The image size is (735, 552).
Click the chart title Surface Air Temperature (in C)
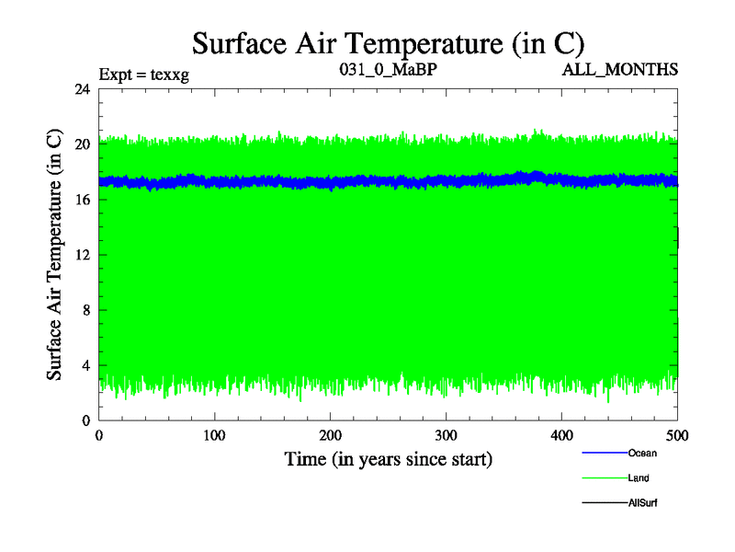(388, 42)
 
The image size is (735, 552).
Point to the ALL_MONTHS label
(628, 70)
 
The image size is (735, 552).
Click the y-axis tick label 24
(81, 89)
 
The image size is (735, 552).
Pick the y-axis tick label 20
(81, 144)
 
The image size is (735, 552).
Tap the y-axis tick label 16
(81, 200)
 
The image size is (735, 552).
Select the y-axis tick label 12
(81, 255)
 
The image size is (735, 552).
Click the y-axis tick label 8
(85, 310)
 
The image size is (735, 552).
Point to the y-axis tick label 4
(85, 365)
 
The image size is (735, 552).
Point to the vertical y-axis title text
(55, 255)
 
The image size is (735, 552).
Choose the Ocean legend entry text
(642, 453)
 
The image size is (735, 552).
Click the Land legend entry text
(639, 478)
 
